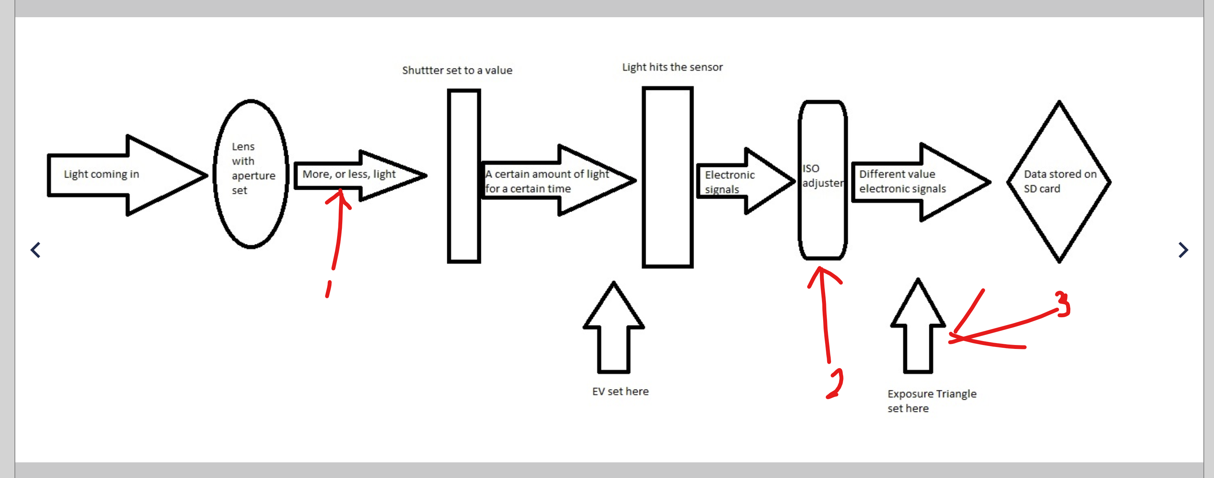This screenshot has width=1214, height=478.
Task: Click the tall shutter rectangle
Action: click(x=464, y=176)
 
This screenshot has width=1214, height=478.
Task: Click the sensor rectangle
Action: click(x=667, y=177)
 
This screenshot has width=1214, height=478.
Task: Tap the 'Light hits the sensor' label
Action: click(x=672, y=67)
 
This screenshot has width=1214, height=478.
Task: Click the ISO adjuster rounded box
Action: click(x=822, y=180)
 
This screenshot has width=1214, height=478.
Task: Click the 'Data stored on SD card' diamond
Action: click(x=1059, y=182)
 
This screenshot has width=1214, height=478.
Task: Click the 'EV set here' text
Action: click(x=620, y=391)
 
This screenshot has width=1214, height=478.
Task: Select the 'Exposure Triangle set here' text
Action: click(x=931, y=401)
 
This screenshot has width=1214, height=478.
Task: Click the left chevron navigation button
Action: click(x=35, y=250)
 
